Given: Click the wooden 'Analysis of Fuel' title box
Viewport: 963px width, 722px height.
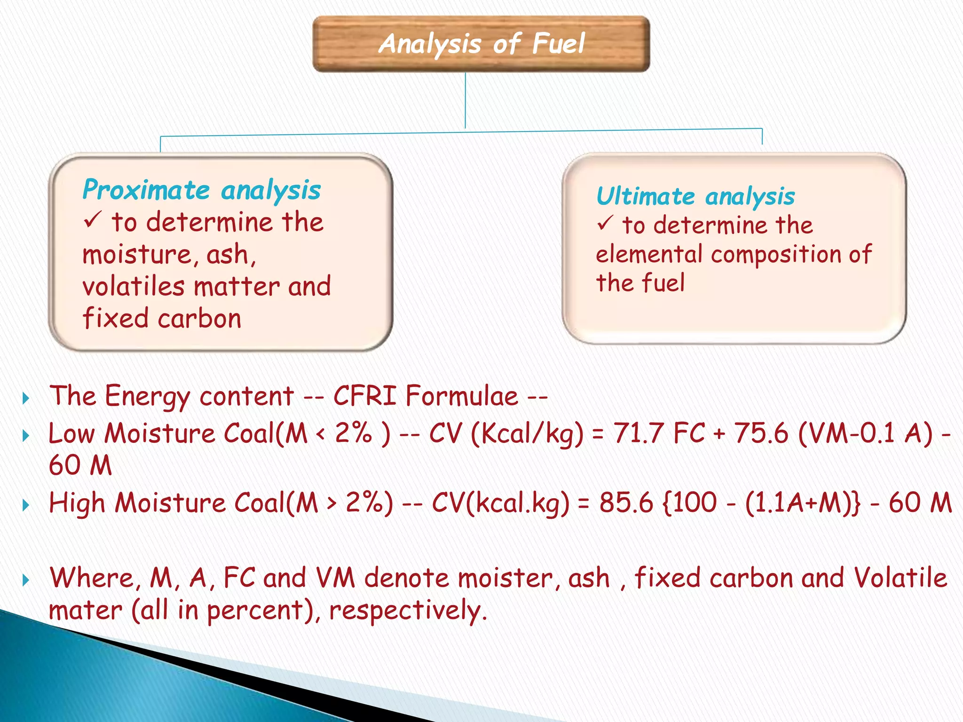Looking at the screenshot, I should point(481,44).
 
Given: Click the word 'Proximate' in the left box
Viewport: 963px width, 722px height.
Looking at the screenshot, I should point(146,190).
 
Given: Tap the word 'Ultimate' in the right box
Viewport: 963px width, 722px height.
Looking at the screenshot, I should point(645,196).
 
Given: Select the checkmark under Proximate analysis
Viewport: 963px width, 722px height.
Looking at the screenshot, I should point(93,220).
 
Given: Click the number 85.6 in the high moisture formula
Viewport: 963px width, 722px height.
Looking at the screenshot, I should point(626,503).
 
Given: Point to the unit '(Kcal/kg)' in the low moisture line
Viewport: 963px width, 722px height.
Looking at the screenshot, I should point(527,434).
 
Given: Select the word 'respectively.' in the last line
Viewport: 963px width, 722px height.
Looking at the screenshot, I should point(408,611).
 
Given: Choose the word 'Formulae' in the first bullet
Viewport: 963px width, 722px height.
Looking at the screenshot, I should point(462,396).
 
